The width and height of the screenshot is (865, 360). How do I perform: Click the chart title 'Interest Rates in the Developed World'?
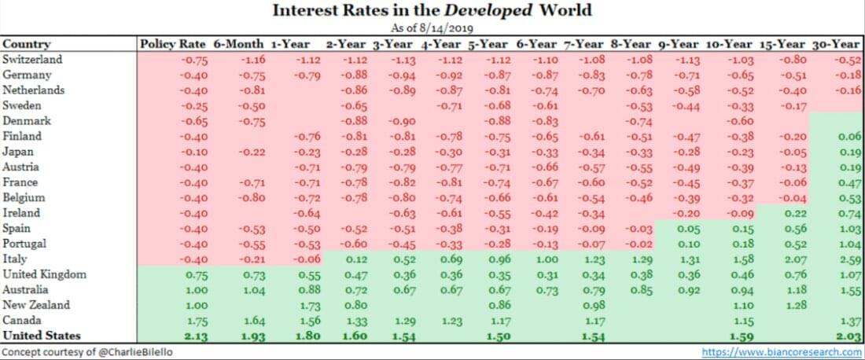(432, 10)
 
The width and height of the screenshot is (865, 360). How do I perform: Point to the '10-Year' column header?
(729, 44)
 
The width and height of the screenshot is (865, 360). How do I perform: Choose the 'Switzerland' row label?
(32, 59)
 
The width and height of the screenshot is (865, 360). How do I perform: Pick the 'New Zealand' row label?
(36, 305)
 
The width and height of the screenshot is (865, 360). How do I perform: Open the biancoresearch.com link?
(783, 351)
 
